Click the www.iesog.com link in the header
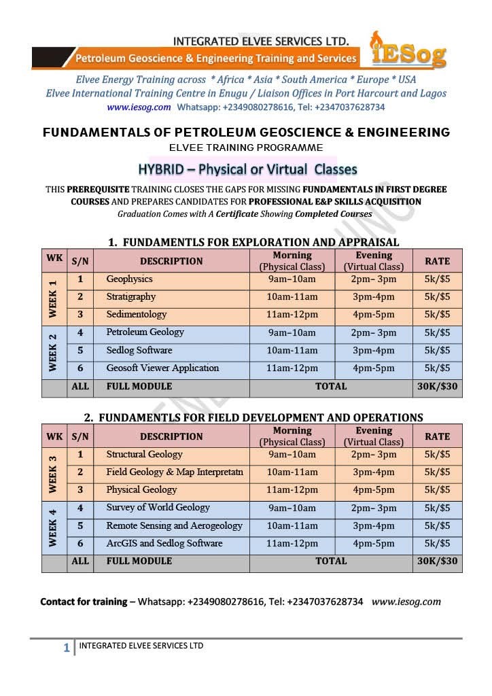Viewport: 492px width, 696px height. point(139,107)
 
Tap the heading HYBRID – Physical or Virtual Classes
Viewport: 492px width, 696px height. point(247,169)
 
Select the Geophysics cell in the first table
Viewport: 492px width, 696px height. point(129,279)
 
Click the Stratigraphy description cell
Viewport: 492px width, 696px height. point(130,296)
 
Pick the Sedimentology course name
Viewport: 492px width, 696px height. point(136,314)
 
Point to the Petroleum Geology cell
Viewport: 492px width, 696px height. point(145,332)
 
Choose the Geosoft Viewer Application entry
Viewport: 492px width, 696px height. point(162,368)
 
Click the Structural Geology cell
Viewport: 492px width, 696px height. point(144,454)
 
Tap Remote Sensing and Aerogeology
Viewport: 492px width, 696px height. point(174,525)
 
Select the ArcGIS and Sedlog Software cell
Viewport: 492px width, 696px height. point(164,543)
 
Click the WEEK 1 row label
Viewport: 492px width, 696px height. point(53,297)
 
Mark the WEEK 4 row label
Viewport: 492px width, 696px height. point(53,525)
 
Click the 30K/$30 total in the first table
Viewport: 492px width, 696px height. point(437,386)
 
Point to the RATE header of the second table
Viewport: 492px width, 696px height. point(437,436)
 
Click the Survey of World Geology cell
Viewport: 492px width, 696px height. point(158,507)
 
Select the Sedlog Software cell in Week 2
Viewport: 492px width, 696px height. point(139,350)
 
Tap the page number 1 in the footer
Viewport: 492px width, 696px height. point(66,648)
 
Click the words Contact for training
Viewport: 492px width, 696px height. point(84,602)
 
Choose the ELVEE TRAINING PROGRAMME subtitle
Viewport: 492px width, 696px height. point(246,147)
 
